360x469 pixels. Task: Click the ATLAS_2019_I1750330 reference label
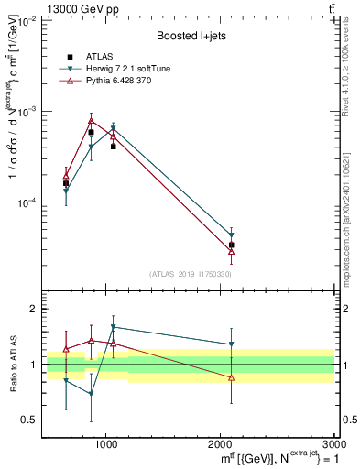(191, 274)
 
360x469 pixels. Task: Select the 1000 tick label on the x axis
(107, 443)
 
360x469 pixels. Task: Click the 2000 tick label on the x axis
(221, 443)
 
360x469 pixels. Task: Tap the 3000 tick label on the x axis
(333, 443)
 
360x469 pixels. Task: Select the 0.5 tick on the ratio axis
(30, 420)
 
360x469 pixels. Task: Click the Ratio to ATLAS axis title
(13, 365)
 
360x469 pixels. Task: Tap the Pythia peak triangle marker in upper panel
(91, 120)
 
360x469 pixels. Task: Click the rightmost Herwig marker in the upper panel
(231, 235)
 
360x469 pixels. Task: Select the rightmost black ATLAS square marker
(231, 245)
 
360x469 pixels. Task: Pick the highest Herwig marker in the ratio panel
(113, 327)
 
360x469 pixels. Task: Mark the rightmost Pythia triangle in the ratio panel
(231, 377)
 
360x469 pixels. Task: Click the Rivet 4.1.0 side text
(349, 74)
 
